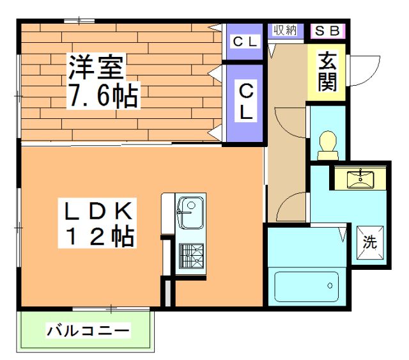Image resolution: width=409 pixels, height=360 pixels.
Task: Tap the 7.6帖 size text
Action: pos(102,96)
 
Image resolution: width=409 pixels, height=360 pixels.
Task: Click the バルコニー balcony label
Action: pos(88,331)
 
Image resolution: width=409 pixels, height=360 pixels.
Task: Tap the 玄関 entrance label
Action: pos(327,72)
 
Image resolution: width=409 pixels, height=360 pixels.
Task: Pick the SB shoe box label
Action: pos(327,30)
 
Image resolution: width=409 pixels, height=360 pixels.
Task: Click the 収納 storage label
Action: pos(285,30)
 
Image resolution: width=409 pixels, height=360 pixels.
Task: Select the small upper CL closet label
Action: pos(245,42)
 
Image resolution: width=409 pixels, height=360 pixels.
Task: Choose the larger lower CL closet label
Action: pos(245,102)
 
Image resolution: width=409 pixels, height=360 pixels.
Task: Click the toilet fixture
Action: pos(327,144)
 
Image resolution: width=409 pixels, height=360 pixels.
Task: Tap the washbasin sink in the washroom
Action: pos(360,177)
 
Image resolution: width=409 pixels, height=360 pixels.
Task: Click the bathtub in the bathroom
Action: pos(306,286)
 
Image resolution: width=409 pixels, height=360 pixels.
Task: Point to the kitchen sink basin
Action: pos(190,211)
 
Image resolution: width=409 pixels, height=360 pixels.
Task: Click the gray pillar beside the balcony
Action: pos(167,292)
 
